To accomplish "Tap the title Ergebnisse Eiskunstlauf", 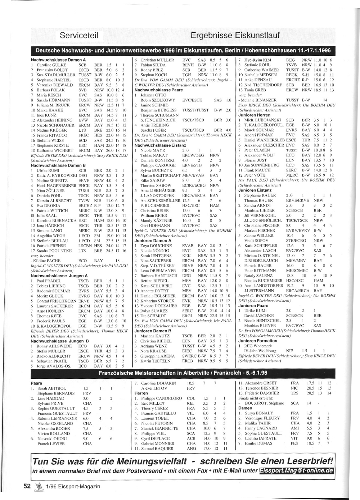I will tap(235, 35).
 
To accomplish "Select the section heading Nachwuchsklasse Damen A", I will tap(58, 60).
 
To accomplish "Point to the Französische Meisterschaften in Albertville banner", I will tap(183, 373).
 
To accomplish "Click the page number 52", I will tap(27, 486).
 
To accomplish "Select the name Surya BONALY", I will tap(259, 413).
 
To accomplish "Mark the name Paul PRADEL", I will tap(49, 281).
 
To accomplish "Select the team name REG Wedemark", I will tap(258, 346).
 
